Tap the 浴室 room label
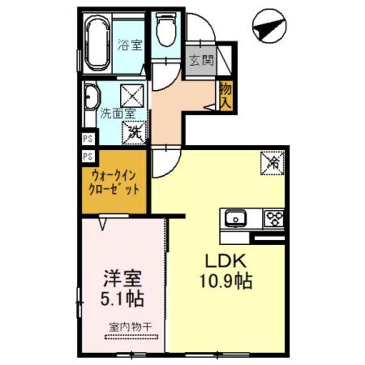coord(130,44)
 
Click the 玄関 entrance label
coord(202,60)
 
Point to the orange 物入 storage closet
coord(225,95)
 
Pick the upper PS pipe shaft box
coord(88,137)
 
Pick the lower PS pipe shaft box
coord(88,156)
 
